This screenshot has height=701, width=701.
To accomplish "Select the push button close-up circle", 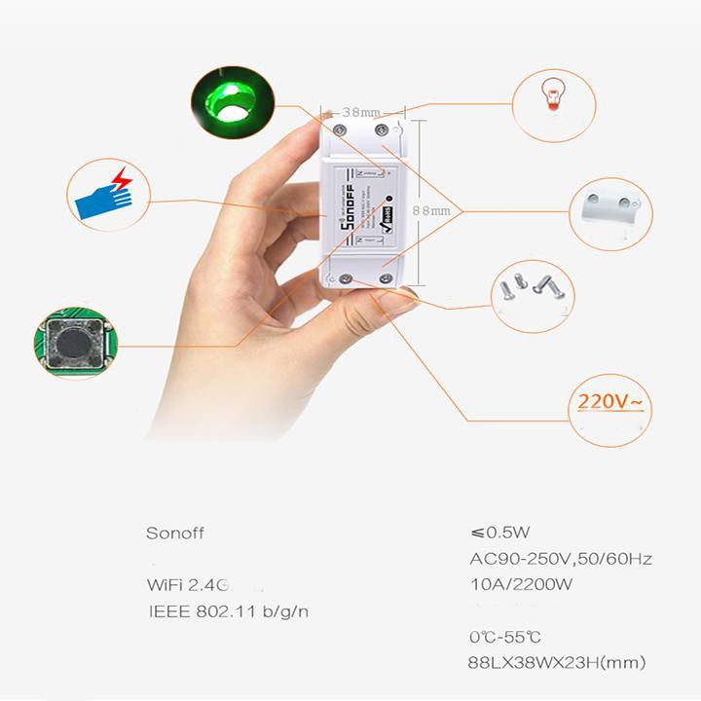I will (x=72, y=342).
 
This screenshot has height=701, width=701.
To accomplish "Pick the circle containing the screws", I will (x=530, y=287).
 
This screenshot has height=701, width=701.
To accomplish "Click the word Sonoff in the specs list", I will (x=176, y=533).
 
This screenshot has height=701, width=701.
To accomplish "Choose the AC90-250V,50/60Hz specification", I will (x=560, y=559).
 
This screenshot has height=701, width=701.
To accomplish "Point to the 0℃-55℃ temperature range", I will (x=504, y=637).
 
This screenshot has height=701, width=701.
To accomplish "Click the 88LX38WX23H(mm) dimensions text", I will (x=557, y=663).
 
